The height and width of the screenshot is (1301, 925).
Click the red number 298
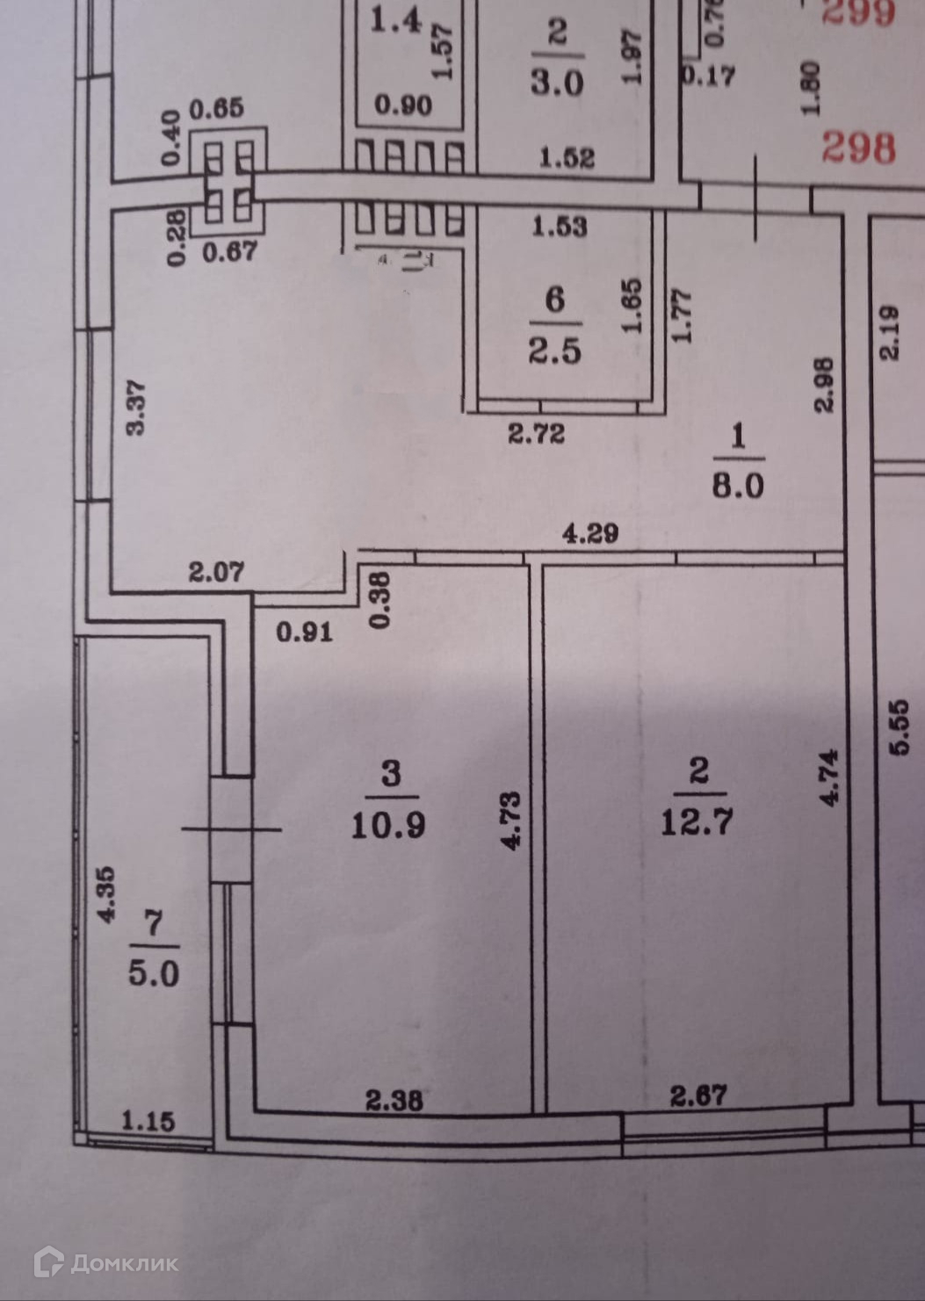[x=858, y=148]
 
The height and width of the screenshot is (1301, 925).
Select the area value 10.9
[x=388, y=825]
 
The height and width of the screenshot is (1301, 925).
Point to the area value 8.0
[x=737, y=486]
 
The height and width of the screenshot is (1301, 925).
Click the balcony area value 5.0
[x=154, y=973]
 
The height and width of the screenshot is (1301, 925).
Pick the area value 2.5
[x=554, y=351]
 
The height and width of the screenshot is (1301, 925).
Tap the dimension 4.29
[x=590, y=533]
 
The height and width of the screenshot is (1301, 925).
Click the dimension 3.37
[x=136, y=407]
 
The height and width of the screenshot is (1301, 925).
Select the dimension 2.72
[x=536, y=433]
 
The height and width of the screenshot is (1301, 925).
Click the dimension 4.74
[x=828, y=777]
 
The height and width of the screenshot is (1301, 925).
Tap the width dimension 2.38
[x=394, y=1100]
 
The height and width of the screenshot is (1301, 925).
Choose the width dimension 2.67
[x=698, y=1095]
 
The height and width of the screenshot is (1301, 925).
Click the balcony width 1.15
[x=148, y=1121]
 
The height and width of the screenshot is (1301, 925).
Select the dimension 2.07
[x=216, y=573]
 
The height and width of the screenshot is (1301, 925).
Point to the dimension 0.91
[x=304, y=632]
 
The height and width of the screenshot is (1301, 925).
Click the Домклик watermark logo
[x=105, y=1263]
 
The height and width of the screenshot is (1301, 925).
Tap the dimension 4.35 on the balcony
[x=106, y=894]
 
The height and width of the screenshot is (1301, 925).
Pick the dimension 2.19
[x=890, y=332]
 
